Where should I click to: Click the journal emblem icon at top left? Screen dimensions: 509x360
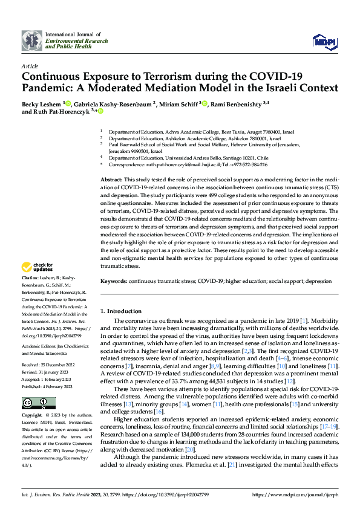coord(32,40)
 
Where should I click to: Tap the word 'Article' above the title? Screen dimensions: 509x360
coord(30,66)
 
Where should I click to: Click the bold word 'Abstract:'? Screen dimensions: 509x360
coord(111,180)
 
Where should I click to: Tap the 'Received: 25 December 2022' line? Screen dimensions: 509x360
coord(49,366)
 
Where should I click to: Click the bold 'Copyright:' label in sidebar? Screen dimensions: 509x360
coord(32,416)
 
